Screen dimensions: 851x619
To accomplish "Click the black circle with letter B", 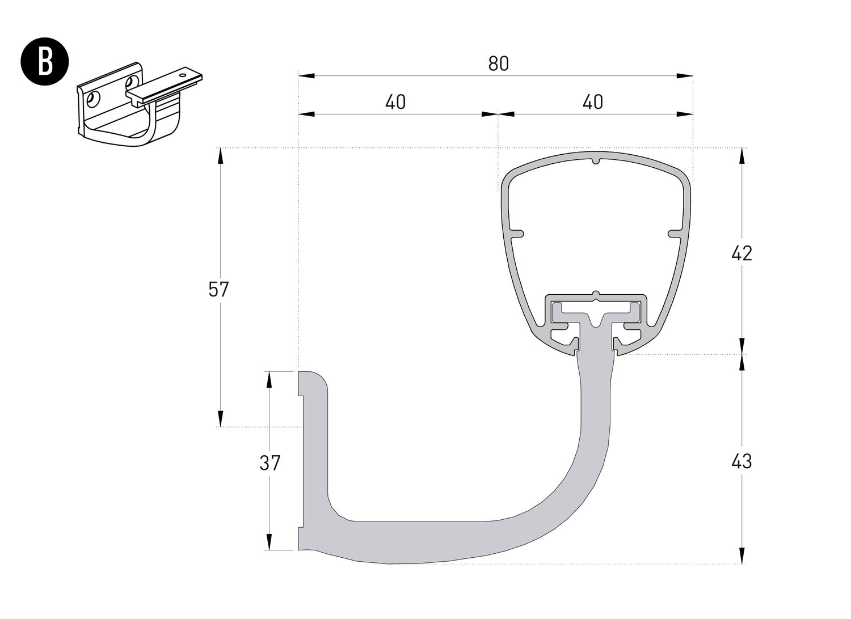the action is (45, 61).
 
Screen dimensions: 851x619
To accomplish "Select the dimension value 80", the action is (498, 63).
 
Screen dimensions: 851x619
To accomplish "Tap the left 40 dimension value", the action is (395, 102).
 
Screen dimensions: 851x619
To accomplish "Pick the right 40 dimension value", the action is (593, 102).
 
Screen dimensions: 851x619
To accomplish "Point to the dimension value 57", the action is (218, 289).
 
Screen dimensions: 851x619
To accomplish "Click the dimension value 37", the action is (269, 463).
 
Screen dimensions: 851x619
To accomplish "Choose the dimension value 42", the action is (742, 253).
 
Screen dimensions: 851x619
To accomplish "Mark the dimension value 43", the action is (742, 461).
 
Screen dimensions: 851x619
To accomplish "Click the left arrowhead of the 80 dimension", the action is (306, 76).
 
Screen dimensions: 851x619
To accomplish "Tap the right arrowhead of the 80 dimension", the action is (685, 76).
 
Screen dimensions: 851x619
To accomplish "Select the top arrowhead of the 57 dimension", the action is (220, 156).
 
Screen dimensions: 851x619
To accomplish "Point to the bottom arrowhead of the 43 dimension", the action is (742, 556).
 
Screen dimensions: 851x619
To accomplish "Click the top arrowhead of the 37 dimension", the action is (269, 380).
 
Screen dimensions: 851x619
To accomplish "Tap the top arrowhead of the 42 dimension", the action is (742, 156).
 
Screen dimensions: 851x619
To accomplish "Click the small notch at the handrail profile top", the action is (596, 159).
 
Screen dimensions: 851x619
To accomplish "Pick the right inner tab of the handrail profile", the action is (675, 234).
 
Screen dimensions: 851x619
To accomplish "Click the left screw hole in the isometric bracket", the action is (92, 100).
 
